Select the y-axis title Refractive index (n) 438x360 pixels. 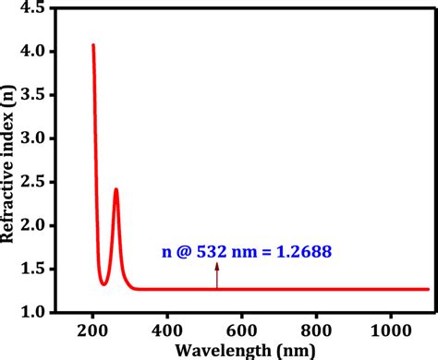coord(10,162)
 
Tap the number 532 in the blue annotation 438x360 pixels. coord(209,249)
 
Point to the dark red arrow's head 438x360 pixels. coord(217,265)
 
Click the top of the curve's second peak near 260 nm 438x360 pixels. coord(116,189)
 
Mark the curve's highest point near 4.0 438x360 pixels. coord(92,44)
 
